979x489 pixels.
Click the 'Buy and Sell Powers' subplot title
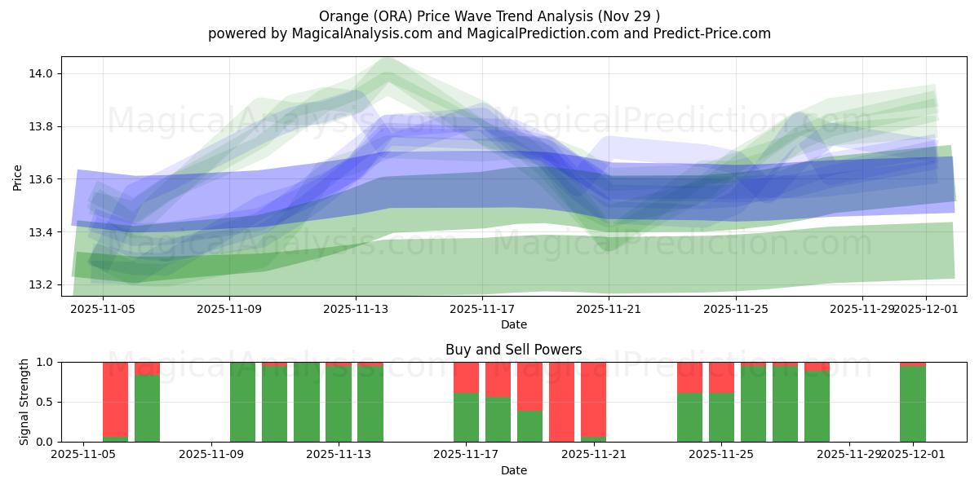coord(513,350)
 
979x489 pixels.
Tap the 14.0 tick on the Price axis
coord(42,73)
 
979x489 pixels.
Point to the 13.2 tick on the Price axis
coord(42,284)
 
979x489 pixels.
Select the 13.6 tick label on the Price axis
coord(42,179)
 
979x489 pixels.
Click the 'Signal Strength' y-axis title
coord(24,402)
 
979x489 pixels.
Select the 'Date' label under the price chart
coord(513,324)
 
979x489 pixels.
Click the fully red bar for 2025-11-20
coord(561,402)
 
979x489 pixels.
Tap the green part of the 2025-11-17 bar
coord(466,417)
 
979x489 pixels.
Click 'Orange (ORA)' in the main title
coord(360,16)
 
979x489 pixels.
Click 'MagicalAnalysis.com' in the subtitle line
coord(356,33)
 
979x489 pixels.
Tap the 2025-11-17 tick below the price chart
coord(482,309)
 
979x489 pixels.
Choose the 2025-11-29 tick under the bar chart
coord(849,455)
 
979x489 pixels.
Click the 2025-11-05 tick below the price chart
coord(103,309)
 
